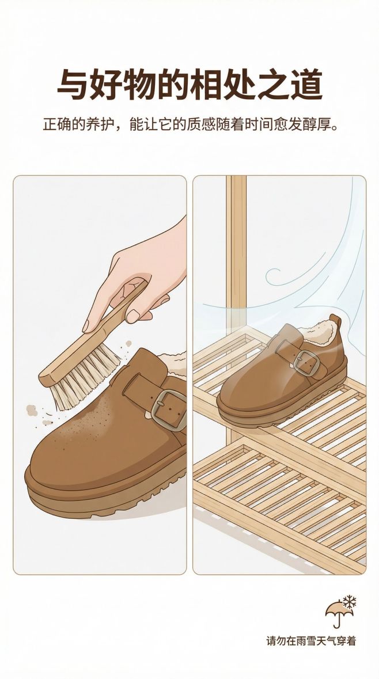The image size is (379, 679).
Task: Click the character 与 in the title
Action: click(73, 84)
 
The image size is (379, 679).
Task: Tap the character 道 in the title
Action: click(306, 84)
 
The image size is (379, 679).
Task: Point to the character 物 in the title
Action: click(139, 84)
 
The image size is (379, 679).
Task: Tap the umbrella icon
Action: click(339, 613)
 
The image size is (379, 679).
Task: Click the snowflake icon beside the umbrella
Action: click(350, 601)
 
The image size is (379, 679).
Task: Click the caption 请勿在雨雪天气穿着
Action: click(311, 641)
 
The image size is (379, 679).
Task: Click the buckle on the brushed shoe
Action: click(169, 409)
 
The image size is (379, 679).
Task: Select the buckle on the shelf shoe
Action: click(306, 362)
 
